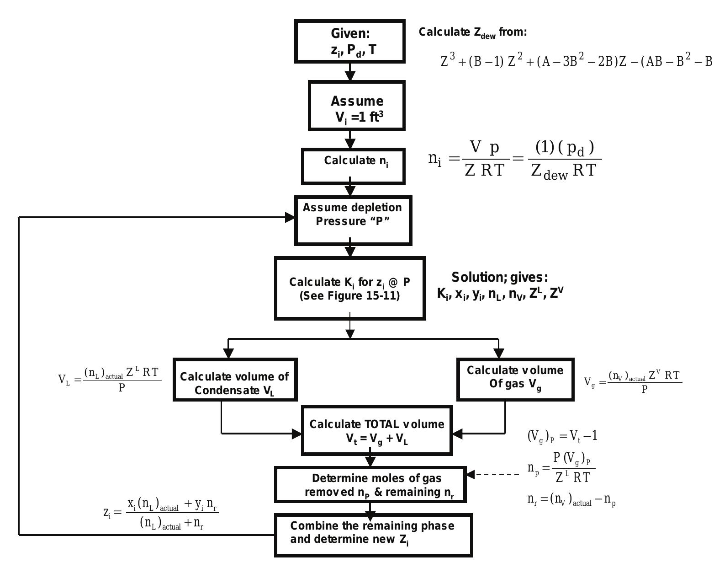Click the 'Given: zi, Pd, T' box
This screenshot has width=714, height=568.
tap(350, 41)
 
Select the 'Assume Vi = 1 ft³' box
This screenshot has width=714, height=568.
tap(357, 106)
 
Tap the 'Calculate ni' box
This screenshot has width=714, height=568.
tap(353, 166)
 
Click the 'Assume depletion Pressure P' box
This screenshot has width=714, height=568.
tap(353, 220)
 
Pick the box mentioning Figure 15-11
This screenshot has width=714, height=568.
tap(350, 288)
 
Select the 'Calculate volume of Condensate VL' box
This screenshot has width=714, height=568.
tap(235, 380)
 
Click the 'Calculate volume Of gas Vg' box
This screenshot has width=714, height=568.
tap(515, 380)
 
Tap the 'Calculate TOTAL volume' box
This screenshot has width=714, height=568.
tap(377, 430)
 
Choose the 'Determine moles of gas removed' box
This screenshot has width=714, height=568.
tap(370, 485)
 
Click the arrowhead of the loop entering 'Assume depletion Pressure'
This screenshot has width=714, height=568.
tap(290, 218)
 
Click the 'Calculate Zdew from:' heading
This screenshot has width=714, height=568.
tap(473, 32)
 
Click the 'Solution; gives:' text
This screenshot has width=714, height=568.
tap(499, 277)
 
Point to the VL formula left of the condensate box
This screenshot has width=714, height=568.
tap(110, 380)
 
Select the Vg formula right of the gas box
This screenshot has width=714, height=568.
tap(633, 381)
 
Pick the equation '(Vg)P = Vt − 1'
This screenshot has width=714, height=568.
tap(562, 436)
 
